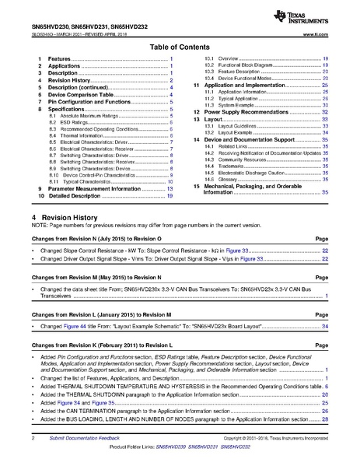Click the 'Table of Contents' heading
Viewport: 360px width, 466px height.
[x=180, y=47]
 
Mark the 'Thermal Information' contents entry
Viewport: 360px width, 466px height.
[x=72, y=136]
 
